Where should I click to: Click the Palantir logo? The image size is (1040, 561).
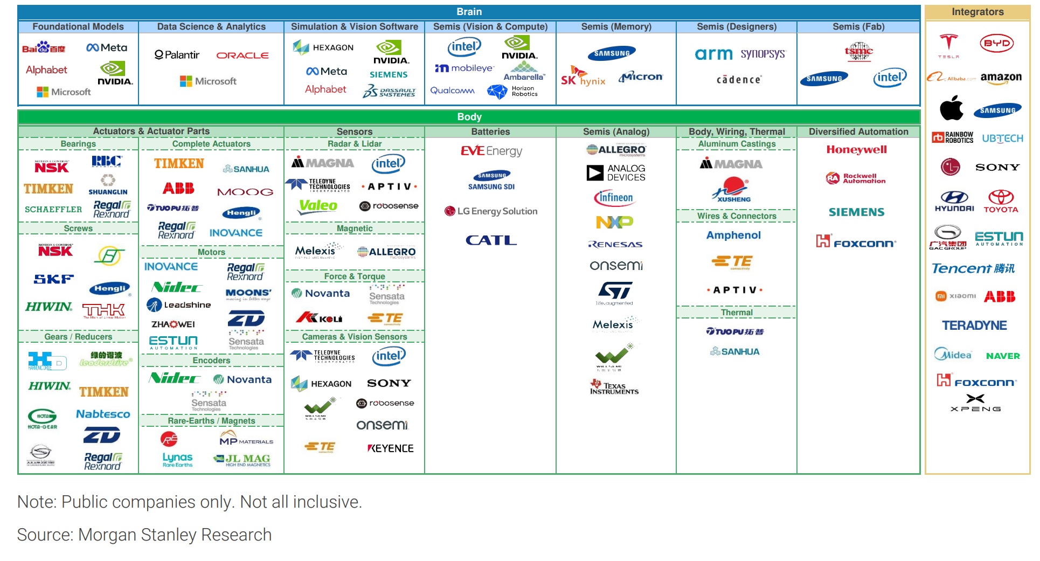pyautogui.click(x=177, y=55)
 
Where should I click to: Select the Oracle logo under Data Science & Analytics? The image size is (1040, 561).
pyautogui.click(x=242, y=55)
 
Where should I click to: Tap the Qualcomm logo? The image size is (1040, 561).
pyautogui.click(x=452, y=91)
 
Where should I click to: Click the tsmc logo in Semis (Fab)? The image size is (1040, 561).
pyautogui.click(x=858, y=52)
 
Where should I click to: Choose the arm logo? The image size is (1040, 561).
pyautogui.click(x=713, y=54)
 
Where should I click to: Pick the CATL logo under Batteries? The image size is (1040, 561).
pyautogui.click(x=491, y=240)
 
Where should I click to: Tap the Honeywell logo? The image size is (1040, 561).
pyautogui.click(x=856, y=150)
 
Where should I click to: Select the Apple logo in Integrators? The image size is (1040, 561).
pyautogui.click(x=951, y=108)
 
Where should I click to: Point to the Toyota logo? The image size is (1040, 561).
pyautogui.click(x=1001, y=201)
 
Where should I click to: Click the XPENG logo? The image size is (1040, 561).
pyautogui.click(x=975, y=403)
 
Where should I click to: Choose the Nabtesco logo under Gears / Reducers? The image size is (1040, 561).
pyautogui.click(x=103, y=414)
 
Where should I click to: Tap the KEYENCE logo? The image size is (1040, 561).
pyautogui.click(x=390, y=448)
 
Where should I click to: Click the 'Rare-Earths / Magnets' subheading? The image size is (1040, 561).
pyautogui.click(x=211, y=421)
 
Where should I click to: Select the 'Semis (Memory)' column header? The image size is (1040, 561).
pyautogui.click(x=616, y=26)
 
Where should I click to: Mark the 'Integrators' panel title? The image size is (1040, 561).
pyautogui.click(x=977, y=12)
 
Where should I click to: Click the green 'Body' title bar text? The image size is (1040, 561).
pyautogui.click(x=469, y=117)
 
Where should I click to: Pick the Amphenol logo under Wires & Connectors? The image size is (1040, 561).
pyautogui.click(x=733, y=235)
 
